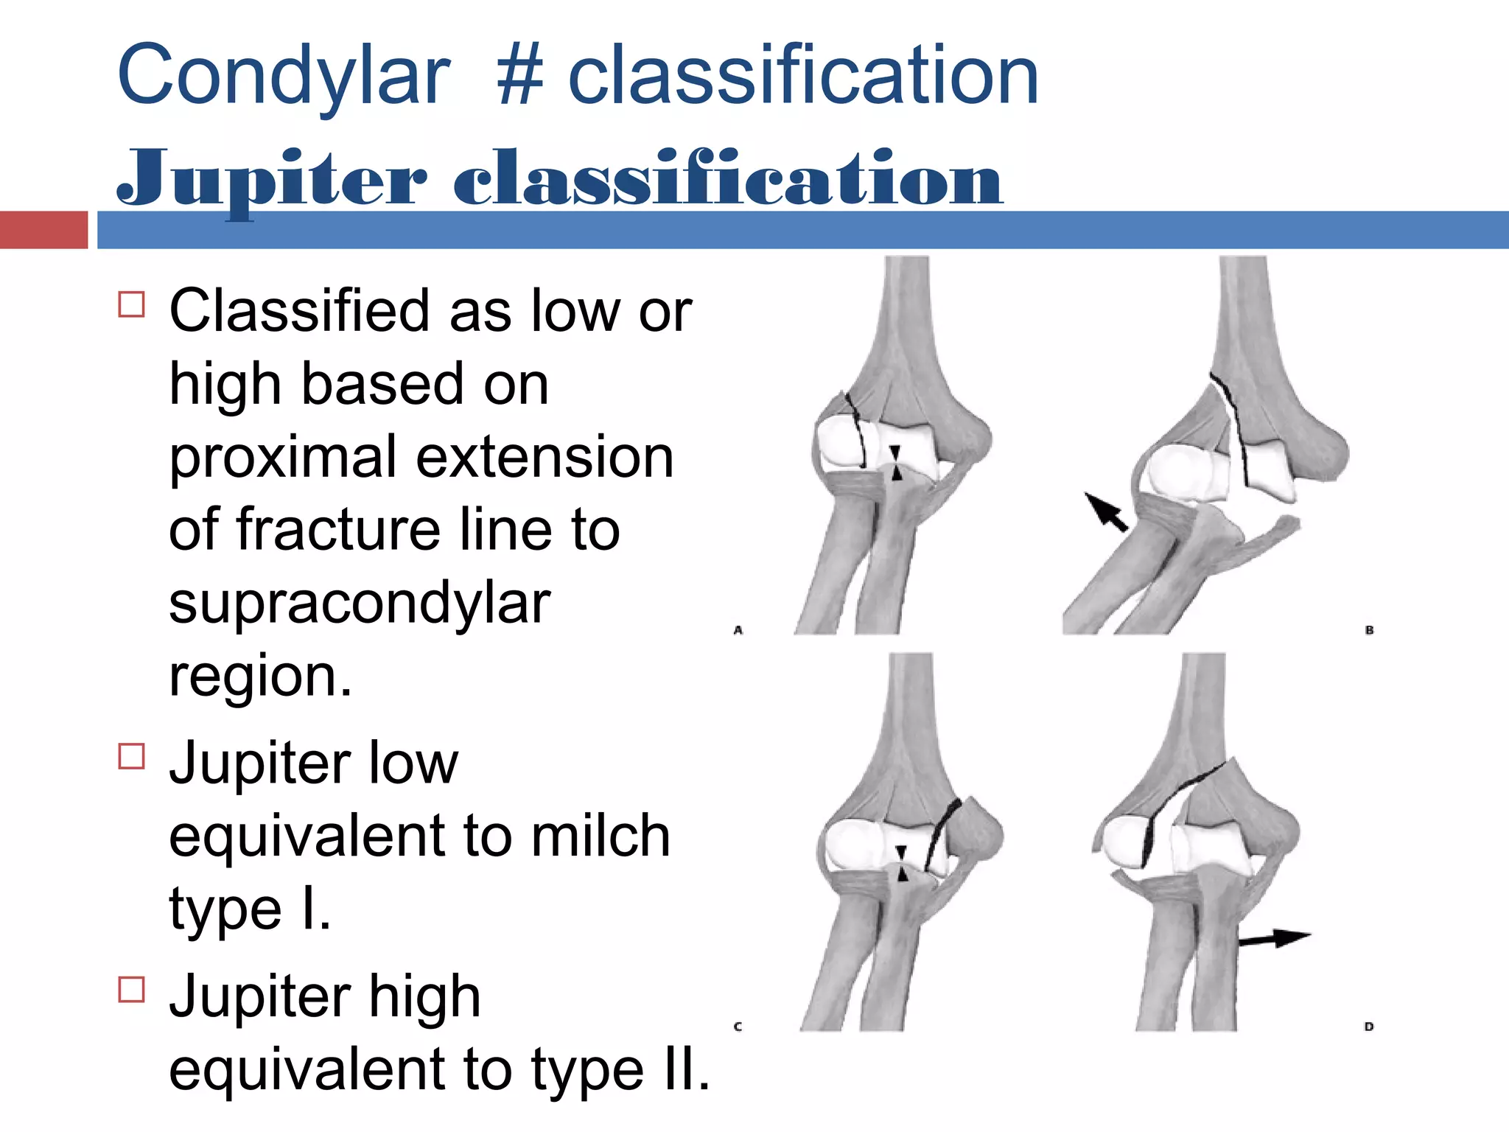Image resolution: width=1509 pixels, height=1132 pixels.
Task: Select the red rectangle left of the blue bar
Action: (x=43, y=230)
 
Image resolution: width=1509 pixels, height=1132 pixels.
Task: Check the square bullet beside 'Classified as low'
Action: (x=132, y=304)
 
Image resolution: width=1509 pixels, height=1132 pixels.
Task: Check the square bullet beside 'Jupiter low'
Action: (x=132, y=756)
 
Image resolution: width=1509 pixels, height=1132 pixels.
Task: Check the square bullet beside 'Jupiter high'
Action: (x=132, y=989)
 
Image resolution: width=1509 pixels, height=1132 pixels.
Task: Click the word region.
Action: (x=259, y=677)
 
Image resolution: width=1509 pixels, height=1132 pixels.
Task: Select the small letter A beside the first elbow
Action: (x=738, y=630)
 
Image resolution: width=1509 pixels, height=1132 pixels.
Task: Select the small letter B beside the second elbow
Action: (x=1369, y=630)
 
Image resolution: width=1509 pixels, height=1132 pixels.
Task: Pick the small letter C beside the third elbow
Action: (x=738, y=1027)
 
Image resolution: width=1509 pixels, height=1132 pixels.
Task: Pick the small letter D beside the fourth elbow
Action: (x=1369, y=1027)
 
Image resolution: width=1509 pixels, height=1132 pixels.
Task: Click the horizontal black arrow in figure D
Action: (x=1275, y=939)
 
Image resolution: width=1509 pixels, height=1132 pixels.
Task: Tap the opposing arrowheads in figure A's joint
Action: (x=896, y=463)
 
